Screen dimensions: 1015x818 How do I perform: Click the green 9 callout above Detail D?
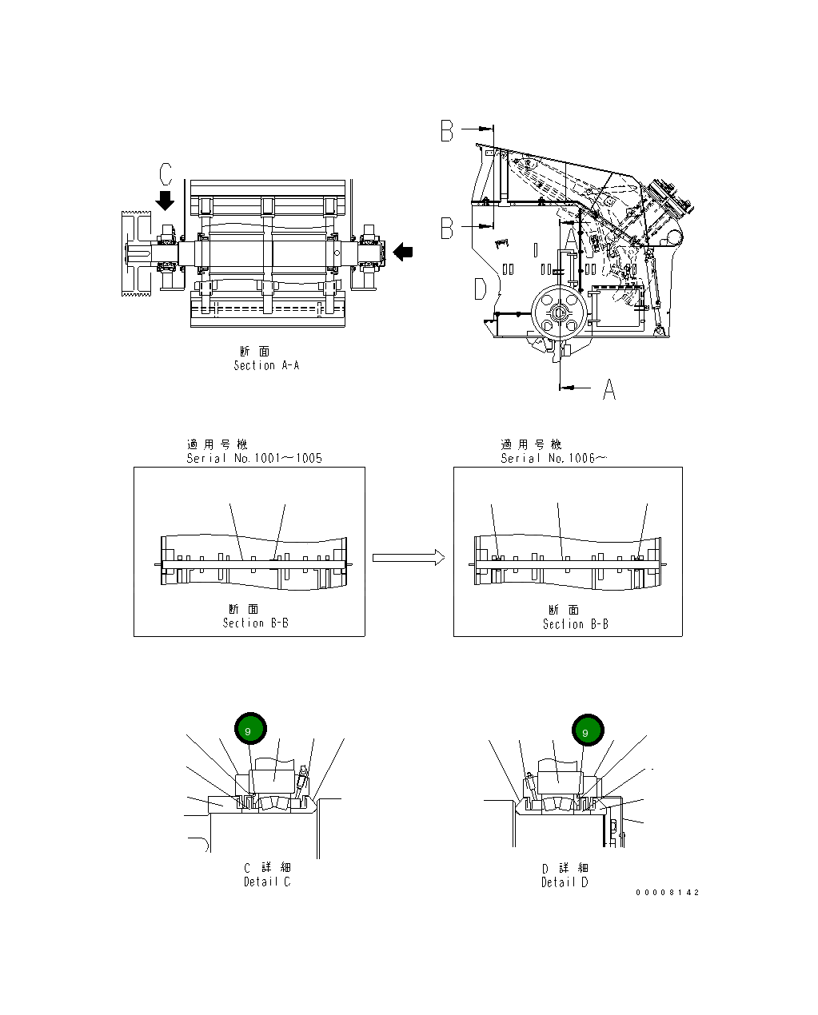click(x=588, y=730)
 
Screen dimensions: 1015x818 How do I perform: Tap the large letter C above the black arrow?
click(x=165, y=174)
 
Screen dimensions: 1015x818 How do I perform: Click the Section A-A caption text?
click(x=265, y=365)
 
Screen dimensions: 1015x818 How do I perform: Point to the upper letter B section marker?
click(x=447, y=131)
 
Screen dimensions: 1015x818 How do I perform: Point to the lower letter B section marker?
click(x=447, y=229)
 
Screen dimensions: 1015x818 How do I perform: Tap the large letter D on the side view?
click(x=480, y=289)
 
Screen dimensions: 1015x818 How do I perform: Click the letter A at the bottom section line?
click(x=609, y=389)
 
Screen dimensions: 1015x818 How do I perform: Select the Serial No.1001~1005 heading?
click(x=254, y=458)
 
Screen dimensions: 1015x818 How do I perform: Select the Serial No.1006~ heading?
click(x=553, y=458)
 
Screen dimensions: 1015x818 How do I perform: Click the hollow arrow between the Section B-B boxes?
click(x=408, y=557)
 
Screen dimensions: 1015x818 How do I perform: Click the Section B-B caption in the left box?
click(x=255, y=623)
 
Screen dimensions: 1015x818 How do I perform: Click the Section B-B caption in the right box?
click(x=575, y=623)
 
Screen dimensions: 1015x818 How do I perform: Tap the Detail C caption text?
click(x=267, y=882)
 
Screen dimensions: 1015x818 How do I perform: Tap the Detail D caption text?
click(x=564, y=882)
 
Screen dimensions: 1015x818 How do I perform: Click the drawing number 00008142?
click(x=667, y=892)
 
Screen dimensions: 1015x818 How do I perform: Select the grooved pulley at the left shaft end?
click(x=136, y=253)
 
